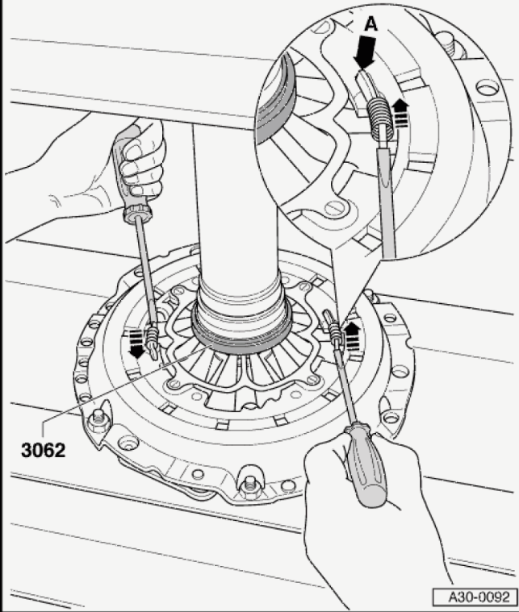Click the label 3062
tap(43, 450)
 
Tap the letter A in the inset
tap(370, 25)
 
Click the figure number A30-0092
tap(479, 597)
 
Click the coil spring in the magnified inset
tap(380, 119)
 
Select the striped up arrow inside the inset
tap(400, 114)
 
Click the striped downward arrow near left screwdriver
tap(136, 343)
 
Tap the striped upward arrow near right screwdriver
tap(352, 336)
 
